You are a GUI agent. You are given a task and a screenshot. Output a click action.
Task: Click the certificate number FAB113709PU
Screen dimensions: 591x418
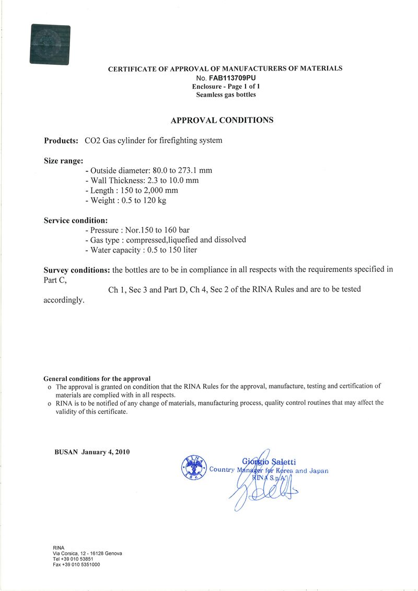231,77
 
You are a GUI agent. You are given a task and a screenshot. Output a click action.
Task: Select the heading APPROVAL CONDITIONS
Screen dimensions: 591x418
222,120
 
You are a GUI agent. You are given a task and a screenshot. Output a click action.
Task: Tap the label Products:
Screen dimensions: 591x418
61,141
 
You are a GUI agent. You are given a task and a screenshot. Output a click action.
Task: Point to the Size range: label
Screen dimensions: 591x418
63,161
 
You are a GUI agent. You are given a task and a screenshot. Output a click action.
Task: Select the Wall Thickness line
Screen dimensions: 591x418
141,181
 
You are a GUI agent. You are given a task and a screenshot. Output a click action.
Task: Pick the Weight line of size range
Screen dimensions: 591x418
125,201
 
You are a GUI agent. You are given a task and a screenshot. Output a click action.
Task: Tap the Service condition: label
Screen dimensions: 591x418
76,221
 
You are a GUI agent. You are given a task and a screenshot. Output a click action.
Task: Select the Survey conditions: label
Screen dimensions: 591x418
76,270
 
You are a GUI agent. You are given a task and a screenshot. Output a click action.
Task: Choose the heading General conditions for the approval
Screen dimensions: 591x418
97,378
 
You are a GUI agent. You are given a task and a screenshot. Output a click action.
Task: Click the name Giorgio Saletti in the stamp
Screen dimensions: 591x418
270,461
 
